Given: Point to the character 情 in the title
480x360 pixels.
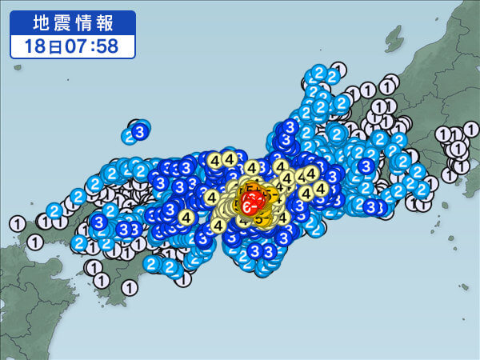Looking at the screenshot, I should tap(84, 22).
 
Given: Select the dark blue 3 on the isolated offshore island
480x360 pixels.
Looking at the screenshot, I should tap(141, 130).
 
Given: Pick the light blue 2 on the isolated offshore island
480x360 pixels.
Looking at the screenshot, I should tap(132, 136).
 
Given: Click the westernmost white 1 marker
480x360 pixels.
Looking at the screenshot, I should tap(17, 223).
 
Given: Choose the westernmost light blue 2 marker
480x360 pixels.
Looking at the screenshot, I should tap(54, 211).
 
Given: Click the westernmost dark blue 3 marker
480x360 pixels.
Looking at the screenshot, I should tap(98, 222).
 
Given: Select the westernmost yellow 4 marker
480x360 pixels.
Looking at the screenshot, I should tap(187, 217).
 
